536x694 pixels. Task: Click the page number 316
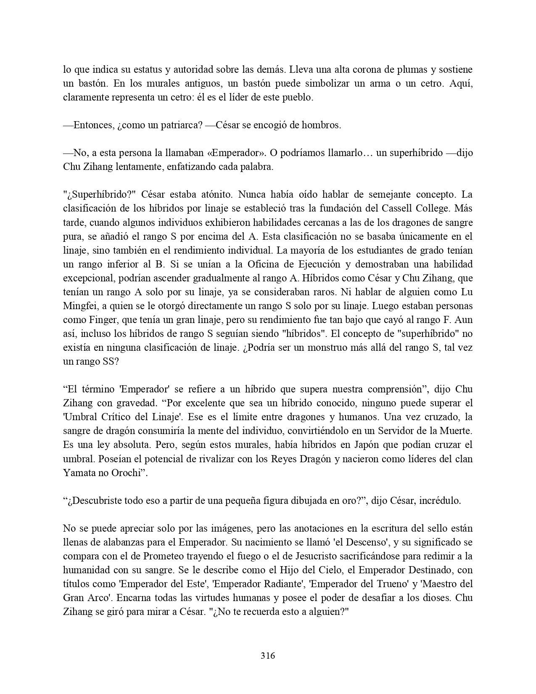point(268,655)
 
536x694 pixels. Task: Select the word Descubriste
point(95,501)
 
